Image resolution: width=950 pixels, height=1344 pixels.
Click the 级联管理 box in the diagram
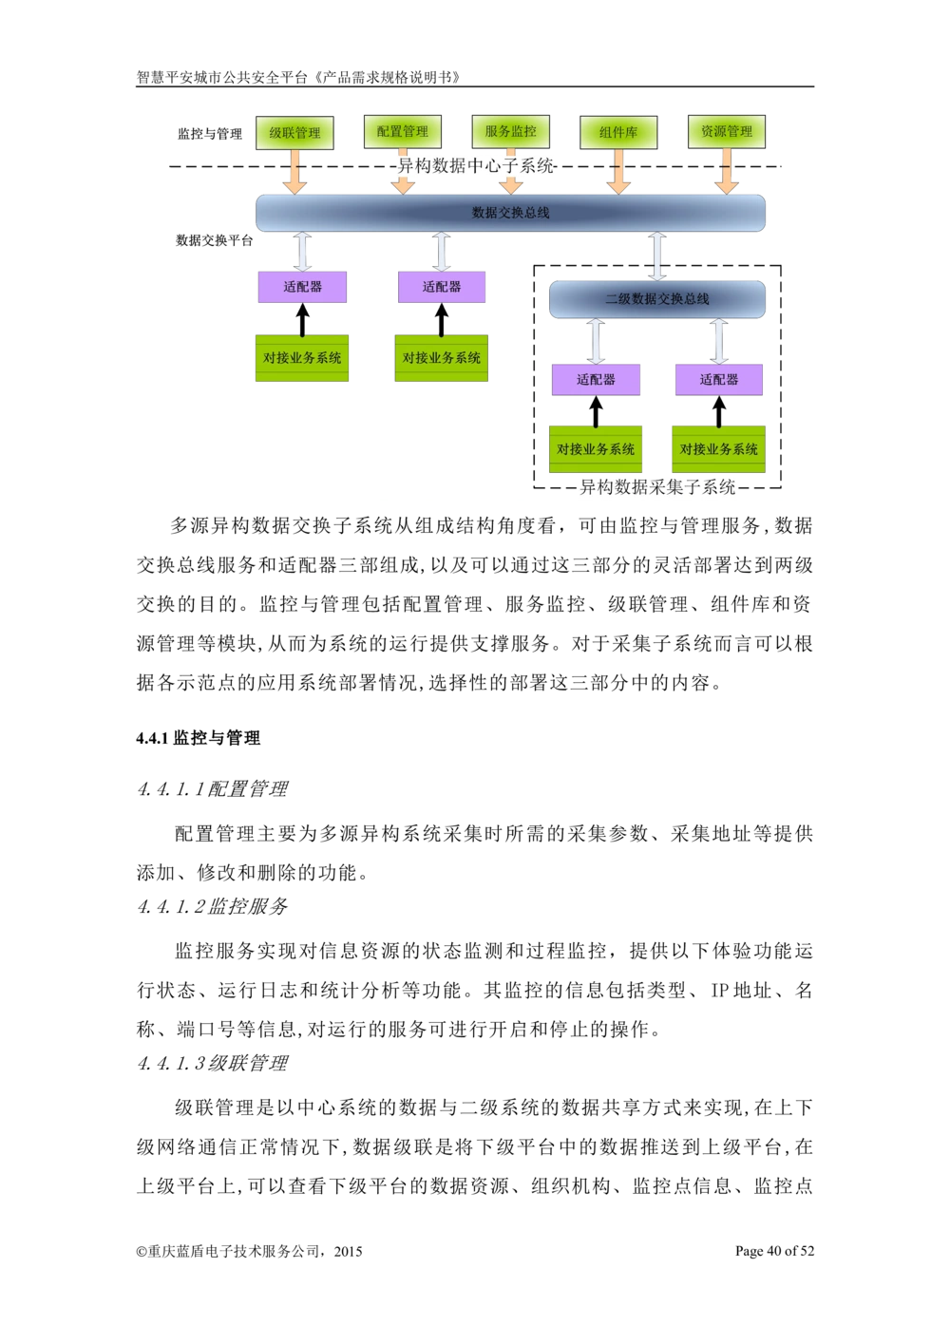(x=294, y=133)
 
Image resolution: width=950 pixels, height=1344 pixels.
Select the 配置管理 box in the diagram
(x=402, y=131)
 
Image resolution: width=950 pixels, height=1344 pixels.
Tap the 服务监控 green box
(x=510, y=131)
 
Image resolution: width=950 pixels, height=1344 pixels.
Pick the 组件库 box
(x=618, y=133)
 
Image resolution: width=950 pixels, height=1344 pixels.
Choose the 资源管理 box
(x=726, y=131)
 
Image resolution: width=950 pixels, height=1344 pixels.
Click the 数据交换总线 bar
(x=510, y=213)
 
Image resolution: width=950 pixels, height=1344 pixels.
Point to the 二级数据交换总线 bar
(x=657, y=299)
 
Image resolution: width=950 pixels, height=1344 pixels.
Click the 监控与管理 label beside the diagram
(x=209, y=134)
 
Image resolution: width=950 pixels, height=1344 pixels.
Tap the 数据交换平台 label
(x=215, y=240)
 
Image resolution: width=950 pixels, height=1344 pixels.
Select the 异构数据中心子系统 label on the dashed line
(x=475, y=165)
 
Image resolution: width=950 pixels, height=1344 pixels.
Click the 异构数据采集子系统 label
(x=657, y=486)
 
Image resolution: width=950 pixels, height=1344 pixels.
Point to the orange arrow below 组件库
(x=618, y=172)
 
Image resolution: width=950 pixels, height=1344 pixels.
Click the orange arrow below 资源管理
(x=726, y=171)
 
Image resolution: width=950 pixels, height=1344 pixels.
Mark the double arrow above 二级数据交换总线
(x=657, y=256)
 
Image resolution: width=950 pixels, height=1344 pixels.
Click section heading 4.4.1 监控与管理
(x=198, y=737)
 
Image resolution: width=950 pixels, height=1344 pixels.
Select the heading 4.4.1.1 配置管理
(x=213, y=788)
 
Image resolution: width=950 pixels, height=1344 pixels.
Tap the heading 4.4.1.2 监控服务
(x=213, y=905)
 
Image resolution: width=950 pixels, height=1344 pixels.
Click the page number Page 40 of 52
(x=774, y=1250)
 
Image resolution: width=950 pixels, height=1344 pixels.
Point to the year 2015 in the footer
(x=348, y=1251)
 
